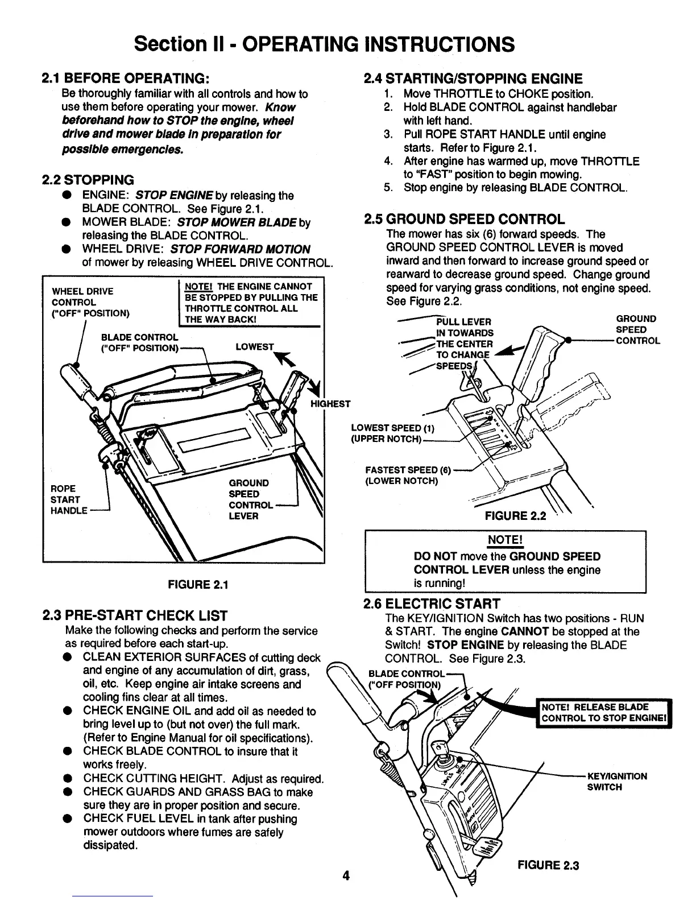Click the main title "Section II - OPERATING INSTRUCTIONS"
point(324,44)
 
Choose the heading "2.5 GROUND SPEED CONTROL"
point(464,220)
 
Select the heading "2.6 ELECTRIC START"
point(432,604)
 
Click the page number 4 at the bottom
point(346,875)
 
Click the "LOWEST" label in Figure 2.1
point(254,347)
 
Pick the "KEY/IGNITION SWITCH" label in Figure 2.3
point(616,782)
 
